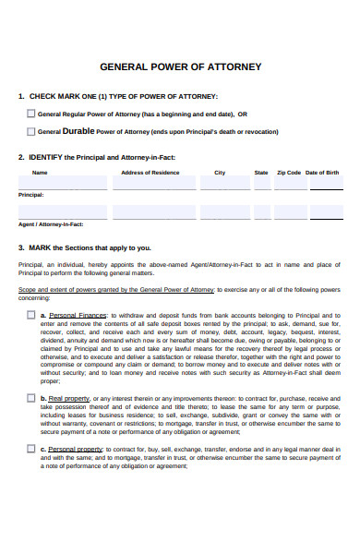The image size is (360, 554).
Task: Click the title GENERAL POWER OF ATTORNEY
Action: tap(180, 67)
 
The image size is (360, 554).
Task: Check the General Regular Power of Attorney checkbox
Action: tap(30, 114)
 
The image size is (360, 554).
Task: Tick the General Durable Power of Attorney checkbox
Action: tap(30, 132)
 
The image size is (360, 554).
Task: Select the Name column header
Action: tap(40, 173)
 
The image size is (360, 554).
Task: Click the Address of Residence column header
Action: tap(150, 173)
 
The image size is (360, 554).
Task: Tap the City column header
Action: tap(220, 173)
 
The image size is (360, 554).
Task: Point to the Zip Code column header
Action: tap(288, 173)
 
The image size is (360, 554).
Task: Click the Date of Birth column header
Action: tap(322, 173)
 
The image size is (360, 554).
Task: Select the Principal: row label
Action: tap(31, 195)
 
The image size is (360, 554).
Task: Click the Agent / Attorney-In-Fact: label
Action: tap(50, 224)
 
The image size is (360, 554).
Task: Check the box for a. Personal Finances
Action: tap(30, 315)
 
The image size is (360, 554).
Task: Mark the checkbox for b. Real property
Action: tap(30, 398)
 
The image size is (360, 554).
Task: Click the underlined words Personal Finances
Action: tap(75, 316)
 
